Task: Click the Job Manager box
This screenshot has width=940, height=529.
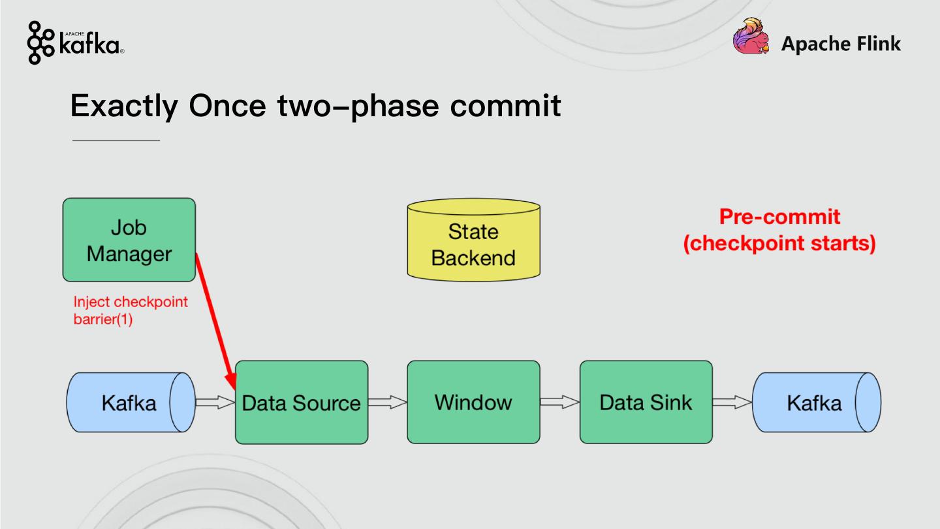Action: click(x=129, y=240)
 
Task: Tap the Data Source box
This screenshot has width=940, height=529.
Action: click(x=301, y=402)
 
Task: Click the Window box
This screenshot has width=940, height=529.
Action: click(x=473, y=402)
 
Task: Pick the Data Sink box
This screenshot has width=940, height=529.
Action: click(x=646, y=402)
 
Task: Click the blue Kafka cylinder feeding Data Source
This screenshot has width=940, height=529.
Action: click(x=131, y=402)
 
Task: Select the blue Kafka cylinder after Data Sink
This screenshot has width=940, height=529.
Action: click(x=816, y=402)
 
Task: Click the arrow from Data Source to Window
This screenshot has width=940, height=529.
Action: click(x=388, y=402)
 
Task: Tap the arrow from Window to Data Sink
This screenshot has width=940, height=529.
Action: click(x=560, y=402)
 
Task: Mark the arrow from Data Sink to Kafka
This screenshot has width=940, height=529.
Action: click(x=732, y=402)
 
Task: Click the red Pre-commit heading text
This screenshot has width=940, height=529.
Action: click(x=779, y=217)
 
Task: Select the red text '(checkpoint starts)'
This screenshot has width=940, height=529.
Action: click(x=779, y=244)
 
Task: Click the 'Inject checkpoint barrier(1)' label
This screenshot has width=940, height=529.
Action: click(x=130, y=311)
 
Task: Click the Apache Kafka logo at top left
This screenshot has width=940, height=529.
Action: click(x=75, y=43)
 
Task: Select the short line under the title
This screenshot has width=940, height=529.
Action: click(x=116, y=140)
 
